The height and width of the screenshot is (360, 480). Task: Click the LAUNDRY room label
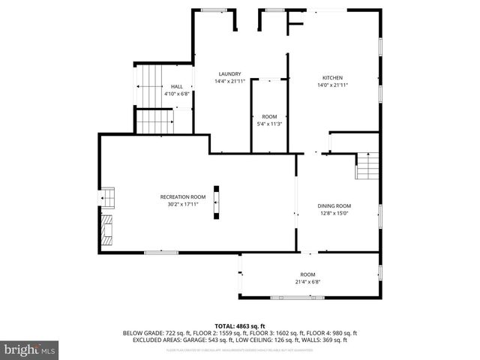[x=229, y=73]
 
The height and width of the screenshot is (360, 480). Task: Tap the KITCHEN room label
[x=332, y=78]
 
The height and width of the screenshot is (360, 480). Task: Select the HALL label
[x=177, y=87]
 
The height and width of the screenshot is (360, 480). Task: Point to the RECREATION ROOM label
[x=182, y=196]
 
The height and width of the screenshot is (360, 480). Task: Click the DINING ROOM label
[x=334, y=205]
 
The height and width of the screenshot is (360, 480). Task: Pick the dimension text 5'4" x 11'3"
[x=269, y=124]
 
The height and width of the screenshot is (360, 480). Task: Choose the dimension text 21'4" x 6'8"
[x=308, y=283]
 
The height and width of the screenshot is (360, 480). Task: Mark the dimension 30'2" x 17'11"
[x=182, y=204]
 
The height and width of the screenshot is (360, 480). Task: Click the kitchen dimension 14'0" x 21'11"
[x=332, y=85]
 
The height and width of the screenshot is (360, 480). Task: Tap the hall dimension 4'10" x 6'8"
[x=177, y=94]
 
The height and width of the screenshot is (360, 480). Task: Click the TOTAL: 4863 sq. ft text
[x=240, y=326]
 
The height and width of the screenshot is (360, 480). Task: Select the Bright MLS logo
[x=30, y=349]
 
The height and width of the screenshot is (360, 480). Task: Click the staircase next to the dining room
[x=366, y=166]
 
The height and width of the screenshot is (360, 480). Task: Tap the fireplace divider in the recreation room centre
[x=217, y=202]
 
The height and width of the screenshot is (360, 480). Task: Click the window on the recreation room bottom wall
[x=161, y=252]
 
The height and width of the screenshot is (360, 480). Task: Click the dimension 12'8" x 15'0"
[x=334, y=213]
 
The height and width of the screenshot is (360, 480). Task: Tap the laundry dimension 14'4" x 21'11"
[x=229, y=81]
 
